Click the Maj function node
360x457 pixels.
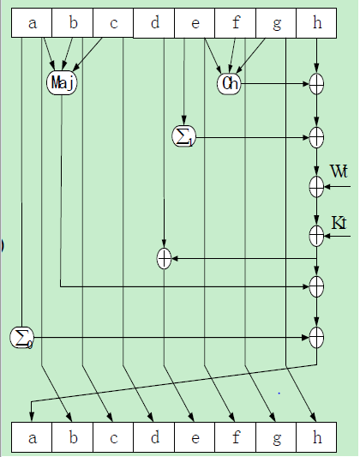62,83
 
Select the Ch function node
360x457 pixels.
230,84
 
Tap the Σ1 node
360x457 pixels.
183,136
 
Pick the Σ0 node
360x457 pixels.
21,338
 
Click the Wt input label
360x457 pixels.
339,171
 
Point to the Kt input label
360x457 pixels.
339,223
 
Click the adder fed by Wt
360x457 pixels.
316,187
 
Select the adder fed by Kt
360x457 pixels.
316,236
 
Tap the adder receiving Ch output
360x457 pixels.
316,84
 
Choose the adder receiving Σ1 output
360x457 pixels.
316,137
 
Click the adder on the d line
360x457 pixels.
164,258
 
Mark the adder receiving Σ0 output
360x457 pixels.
316,338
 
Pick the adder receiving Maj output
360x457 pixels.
316,286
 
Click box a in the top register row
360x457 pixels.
32,23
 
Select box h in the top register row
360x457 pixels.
316,23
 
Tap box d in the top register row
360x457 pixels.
153,23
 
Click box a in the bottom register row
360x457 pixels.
32,437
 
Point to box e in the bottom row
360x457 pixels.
195,437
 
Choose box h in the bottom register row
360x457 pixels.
316,437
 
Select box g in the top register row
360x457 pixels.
276,23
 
